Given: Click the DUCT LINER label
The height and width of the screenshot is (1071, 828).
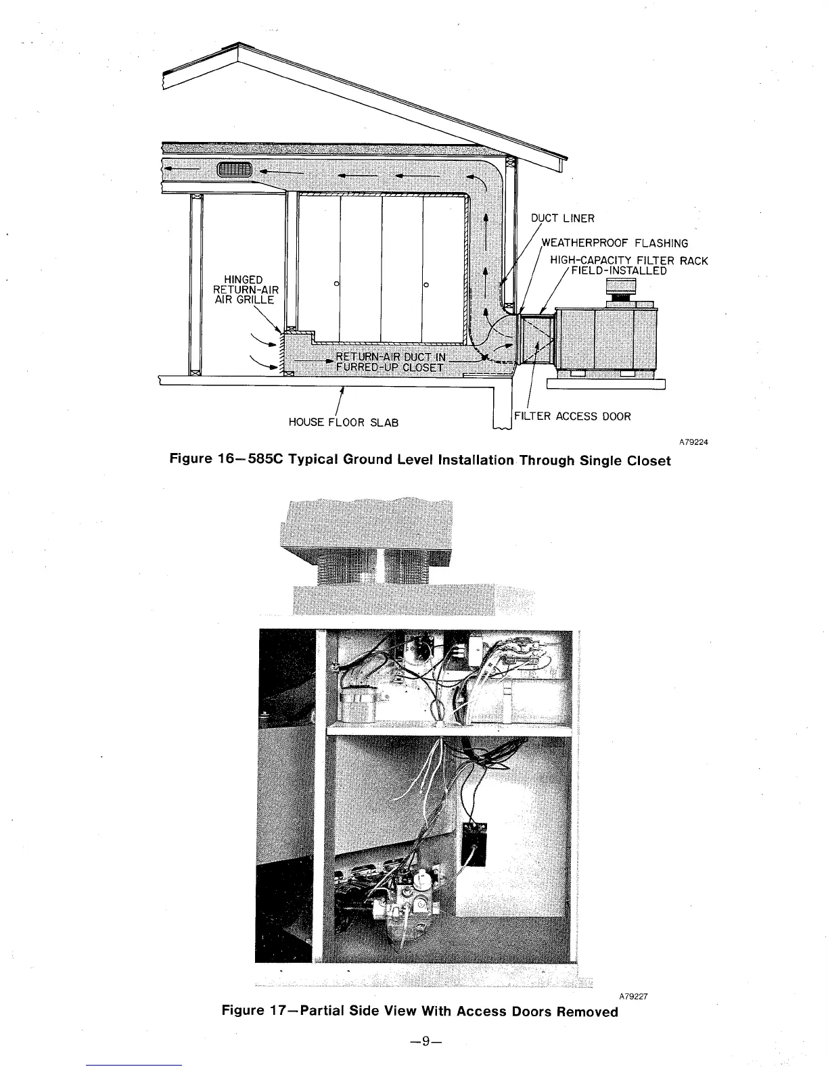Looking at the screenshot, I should pyautogui.click(x=562, y=218).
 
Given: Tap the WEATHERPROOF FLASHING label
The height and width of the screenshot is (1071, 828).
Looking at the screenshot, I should pyautogui.click(x=615, y=243).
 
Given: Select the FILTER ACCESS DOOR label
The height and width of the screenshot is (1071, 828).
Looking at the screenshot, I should pyautogui.click(x=572, y=416).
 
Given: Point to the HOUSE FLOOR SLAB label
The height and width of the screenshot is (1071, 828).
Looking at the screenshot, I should pyautogui.click(x=343, y=423).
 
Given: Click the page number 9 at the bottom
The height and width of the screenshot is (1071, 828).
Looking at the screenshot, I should pyautogui.click(x=421, y=1041).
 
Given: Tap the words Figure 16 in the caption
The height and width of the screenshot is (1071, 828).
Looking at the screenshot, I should pyautogui.click(x=201, y=460).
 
